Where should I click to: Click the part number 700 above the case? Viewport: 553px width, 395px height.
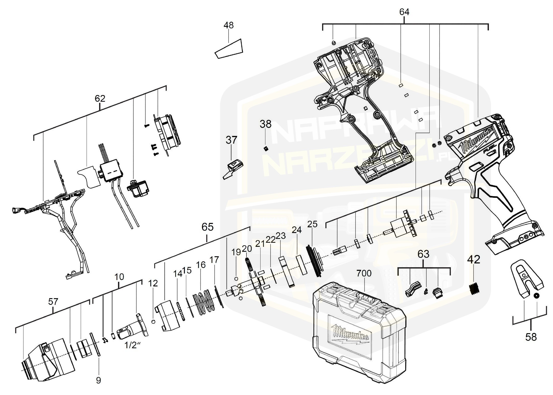pyautogui.click(x=364, y=273)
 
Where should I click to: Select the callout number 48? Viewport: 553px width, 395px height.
pyautogui.click(x=228, y=25)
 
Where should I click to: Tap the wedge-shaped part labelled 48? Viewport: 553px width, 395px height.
pyautogui.click(x=229, y=49)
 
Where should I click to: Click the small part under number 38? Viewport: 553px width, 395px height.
pyautogui.click(x=266, y=148)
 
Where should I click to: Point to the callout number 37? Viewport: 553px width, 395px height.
pyautogui.click(x=231, y=140)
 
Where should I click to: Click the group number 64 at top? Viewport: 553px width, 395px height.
pyautogui.click(x=404, y=12)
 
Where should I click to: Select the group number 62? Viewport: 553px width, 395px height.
pyautogui.click(x=100, y=98)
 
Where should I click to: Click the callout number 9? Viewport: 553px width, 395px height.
pyautogui.click(x=98, y=380)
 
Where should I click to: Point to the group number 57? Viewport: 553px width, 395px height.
pyautogui.click(x=53, y=302)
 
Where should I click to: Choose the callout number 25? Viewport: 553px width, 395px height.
pyautogui.click(x=312, y=224)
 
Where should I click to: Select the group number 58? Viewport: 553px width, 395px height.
pyautogui.click(x=531, y=337)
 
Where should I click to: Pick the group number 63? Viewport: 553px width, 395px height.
pyautogui.click(x=423, y=254)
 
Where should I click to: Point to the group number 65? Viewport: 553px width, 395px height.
pyautogui.click(x=207, y=227)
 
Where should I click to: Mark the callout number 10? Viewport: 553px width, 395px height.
pyautogui.click(x=119, y=276)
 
